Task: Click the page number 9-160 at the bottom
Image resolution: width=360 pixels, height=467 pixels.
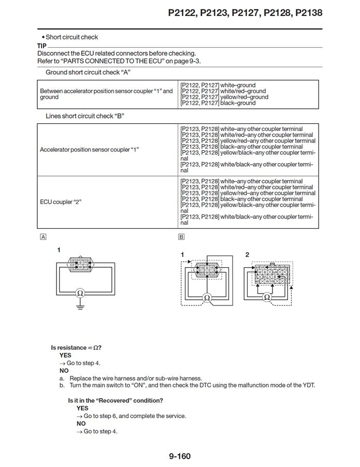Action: tap(180, 456)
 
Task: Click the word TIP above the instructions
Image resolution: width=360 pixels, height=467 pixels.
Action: tap(42, 46)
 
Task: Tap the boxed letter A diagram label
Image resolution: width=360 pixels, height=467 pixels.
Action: tap(43, 237)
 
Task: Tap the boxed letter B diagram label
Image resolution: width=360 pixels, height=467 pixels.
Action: tap(181, 237)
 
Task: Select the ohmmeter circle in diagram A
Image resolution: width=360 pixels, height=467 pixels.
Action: tap(79, 293)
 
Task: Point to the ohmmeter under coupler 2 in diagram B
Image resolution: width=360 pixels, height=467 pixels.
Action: tap(267, 297)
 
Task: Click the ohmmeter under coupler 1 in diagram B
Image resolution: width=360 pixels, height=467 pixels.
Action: tap(206, 298)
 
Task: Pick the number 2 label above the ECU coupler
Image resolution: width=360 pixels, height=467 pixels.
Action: tap(247, 254)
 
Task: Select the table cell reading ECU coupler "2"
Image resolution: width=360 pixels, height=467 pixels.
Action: tap(61, 201)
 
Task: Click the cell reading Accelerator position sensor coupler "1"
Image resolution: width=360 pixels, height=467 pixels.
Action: tap(90, 150)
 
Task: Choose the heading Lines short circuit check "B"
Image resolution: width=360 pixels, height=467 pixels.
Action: tap(85, 116)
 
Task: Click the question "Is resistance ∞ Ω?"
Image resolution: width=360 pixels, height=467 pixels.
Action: tap(76, 347)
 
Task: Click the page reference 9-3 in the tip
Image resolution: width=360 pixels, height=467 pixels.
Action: tap(194, 61)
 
